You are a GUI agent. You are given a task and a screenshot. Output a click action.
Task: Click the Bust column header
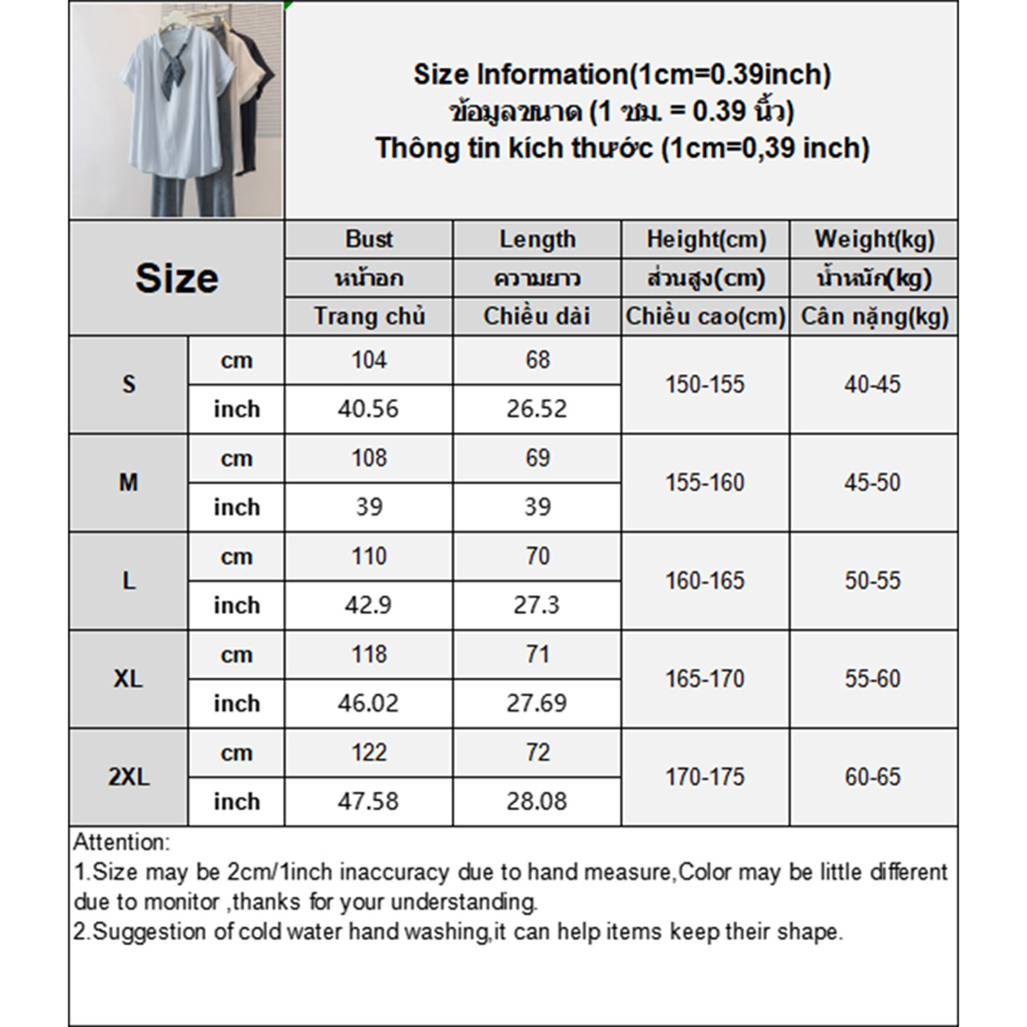coord(369,239)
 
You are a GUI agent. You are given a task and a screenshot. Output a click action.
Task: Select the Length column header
coord(537,239)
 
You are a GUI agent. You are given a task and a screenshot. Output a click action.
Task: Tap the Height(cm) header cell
coord(706,239)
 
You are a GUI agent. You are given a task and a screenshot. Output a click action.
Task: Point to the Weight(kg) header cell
coord(874,239)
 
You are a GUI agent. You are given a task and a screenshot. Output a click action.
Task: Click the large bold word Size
coord(177,278)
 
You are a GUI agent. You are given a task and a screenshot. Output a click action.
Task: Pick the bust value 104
coord(369,360)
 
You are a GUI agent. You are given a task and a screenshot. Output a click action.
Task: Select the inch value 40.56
coord(368,409)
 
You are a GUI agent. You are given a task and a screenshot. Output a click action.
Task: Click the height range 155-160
coord(705,483)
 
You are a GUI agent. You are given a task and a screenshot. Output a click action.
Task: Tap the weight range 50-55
coord(873,581)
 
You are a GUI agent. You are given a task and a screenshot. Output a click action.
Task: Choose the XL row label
coord(128,679)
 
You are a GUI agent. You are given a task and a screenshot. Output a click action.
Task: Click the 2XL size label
coord(128,777)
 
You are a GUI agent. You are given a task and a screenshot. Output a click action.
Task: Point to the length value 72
coord(537,753)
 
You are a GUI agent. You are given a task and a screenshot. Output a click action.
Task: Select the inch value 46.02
coord(368,703)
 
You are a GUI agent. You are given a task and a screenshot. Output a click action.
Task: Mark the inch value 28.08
coord(537,802)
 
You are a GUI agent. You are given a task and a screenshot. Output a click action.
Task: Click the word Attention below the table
coord(121,842)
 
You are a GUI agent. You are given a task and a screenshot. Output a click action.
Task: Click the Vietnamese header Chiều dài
coord(537,316)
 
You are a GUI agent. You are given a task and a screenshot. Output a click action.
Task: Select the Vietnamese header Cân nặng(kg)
coord(874,316)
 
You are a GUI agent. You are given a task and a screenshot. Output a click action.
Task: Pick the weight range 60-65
coord(873,777)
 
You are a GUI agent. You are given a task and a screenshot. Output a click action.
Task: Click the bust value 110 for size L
coord(369,557)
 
